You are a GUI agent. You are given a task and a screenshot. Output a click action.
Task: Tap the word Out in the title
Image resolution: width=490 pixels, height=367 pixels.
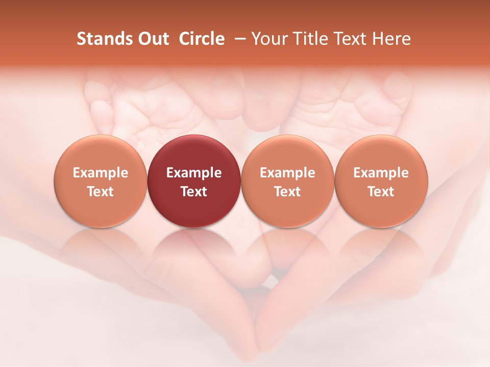152,39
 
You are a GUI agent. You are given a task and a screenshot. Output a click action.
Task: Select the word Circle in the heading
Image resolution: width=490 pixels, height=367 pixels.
202,39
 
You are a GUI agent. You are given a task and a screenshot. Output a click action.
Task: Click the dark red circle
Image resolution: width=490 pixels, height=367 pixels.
194,181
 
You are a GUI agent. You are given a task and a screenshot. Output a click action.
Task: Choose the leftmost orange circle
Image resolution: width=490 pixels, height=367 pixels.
101,181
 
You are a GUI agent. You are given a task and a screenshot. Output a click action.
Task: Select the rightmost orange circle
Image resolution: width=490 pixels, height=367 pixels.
381,181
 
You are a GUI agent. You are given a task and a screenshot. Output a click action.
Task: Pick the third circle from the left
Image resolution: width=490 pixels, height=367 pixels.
287,181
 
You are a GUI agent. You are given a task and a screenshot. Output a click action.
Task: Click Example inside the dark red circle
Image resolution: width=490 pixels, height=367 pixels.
194,173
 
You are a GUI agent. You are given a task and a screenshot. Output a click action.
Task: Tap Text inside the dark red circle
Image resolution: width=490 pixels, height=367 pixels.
194,192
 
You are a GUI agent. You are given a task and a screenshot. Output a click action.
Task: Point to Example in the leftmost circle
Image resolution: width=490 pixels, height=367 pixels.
101,173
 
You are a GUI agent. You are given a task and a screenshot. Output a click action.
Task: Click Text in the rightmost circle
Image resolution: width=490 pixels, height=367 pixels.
381,192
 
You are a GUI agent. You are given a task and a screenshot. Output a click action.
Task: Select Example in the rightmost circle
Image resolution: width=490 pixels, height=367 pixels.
381,173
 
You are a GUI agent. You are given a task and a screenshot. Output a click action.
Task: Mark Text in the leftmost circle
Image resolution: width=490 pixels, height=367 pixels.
101,192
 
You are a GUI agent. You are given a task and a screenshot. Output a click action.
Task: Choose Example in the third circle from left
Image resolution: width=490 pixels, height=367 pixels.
287,173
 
